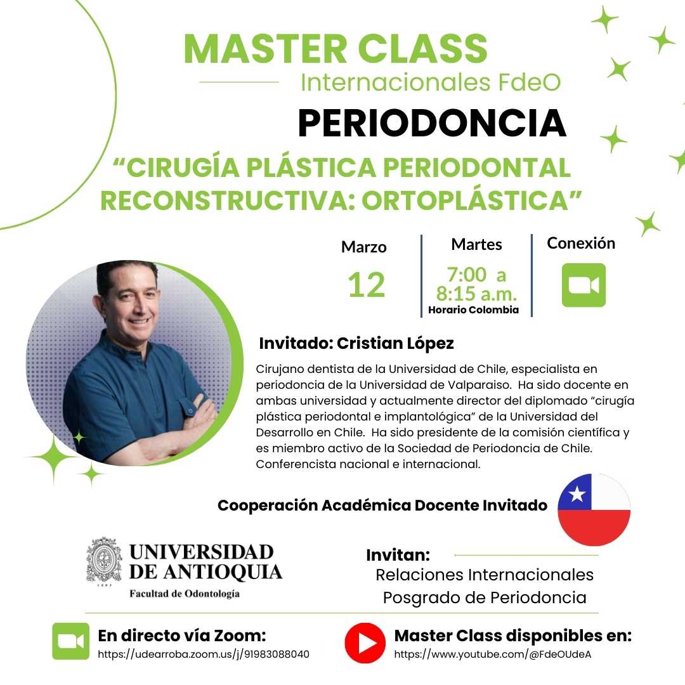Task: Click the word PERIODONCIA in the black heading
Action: [x=432, y=123]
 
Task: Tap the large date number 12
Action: [x=366, y=285]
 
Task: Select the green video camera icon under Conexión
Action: [x=584, y=285]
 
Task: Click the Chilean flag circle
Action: [x=594, y=510]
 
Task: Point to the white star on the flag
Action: [x=577, y=494]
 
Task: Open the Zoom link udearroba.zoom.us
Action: [x=204, y=654]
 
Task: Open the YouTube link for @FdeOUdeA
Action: [x=492, y=654]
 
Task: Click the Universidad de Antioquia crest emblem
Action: [x=104, y=560]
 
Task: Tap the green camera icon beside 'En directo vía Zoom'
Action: [x=71, y=641]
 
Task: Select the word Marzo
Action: [x=364, y=247]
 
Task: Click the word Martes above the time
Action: [x=476, y=244]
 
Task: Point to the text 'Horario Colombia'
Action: [x=474, y=310]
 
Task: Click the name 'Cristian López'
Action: [x=395, y=343]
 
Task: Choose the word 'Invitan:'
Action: [x=398, y=555]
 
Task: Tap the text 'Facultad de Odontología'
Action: [x=185, y=593]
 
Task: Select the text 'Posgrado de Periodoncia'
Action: [x=485, y=597]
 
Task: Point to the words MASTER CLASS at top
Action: [x=336, y=48]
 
